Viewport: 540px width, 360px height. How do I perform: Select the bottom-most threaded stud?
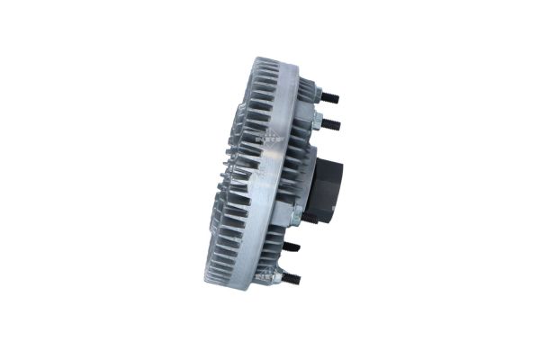click(291, 279)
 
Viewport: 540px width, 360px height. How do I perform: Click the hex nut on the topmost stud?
click(318, 94)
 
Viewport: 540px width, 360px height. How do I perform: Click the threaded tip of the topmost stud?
click(335, 96)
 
